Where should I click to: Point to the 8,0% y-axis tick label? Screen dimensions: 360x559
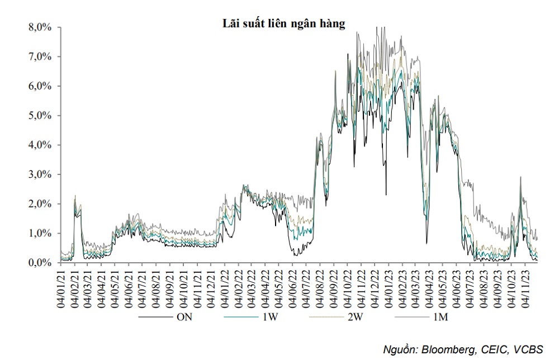[40, 27]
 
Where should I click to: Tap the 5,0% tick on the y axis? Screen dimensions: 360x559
[40, 116]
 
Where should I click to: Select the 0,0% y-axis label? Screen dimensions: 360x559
[40, 263]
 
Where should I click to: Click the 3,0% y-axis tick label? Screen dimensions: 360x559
[40, 174]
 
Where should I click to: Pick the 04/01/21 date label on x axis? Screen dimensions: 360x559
[61, 288]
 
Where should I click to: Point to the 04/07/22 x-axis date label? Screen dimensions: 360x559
[305, 288]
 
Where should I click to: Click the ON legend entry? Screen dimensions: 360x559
[184, 318]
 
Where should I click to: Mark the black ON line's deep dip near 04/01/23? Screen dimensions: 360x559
[386, 195]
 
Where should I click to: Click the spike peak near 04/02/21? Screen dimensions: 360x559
[75, 196]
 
